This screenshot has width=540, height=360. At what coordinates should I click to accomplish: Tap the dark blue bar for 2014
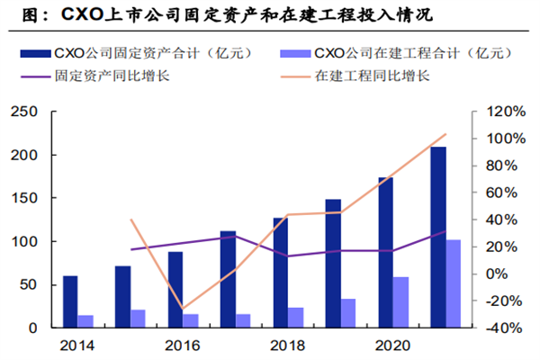click(70, 301)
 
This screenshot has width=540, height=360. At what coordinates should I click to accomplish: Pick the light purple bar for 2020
click(401, 302)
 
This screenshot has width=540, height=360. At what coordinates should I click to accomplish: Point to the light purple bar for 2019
click(348, 313)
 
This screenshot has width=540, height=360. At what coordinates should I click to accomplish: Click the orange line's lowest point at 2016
click(183, 309)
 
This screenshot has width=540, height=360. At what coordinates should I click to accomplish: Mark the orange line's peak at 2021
click(445, 134)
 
